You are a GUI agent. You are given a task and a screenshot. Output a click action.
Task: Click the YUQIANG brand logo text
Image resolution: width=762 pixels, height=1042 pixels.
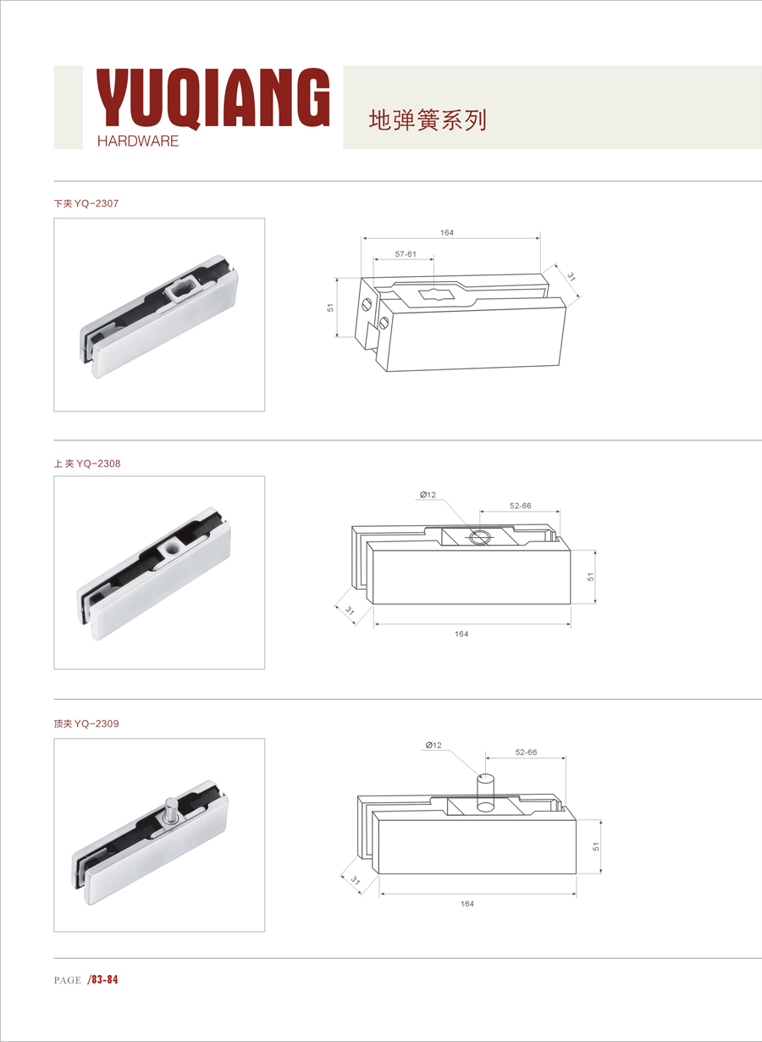point(213,97)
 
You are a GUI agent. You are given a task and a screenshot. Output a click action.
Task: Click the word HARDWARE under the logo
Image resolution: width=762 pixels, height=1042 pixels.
point(138,141)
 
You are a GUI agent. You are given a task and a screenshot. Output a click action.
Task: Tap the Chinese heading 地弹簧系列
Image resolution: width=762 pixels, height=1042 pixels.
point(428,120)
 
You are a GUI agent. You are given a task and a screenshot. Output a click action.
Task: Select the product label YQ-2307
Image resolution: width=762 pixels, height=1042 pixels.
point(97,203)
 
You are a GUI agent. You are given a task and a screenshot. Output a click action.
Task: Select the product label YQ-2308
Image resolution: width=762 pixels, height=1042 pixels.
point(98,463)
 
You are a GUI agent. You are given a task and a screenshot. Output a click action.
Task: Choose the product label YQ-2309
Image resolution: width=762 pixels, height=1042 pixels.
point(97,723)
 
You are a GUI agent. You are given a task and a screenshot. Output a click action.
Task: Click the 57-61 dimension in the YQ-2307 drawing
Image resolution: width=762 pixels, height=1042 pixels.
point(406,254)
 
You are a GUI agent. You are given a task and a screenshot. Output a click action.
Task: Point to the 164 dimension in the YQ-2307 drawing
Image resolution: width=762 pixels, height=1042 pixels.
point(447,233)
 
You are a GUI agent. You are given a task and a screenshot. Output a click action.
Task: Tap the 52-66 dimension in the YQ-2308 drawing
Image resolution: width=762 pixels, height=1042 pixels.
point(520,506)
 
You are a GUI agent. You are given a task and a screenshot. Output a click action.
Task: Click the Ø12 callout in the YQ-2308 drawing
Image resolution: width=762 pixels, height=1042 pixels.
point(428,495)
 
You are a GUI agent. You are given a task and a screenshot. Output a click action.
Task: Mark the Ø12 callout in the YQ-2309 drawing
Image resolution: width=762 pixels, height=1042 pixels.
point(433,745)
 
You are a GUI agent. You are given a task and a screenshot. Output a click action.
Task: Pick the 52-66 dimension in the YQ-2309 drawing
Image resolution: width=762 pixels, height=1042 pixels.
point(526,752)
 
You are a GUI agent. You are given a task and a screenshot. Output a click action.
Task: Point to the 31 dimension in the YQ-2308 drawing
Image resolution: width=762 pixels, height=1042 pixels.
point(350,610)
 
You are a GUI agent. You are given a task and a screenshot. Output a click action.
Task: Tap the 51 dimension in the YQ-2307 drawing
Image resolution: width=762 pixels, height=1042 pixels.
point(330,308)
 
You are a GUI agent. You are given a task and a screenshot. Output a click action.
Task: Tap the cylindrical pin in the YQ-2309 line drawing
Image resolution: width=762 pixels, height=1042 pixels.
point(486,793)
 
